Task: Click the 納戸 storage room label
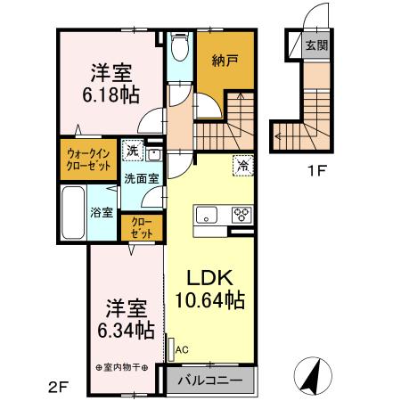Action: point(224,61)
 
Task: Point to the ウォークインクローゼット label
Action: point(87,159)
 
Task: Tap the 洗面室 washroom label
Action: point(141,176)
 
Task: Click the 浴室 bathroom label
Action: point(102,212)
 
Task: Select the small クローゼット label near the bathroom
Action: point(141,225)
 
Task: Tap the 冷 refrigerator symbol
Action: point(241,164)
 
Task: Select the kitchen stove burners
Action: point(241,214)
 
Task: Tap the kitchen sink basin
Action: point(207,214)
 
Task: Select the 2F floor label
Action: point(58,387)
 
